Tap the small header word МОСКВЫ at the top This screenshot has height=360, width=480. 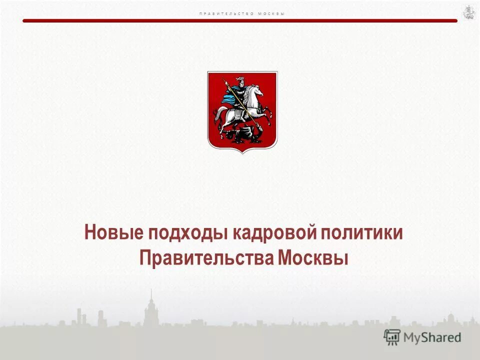pos(271,13)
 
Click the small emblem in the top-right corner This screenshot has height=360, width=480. pos(468,12)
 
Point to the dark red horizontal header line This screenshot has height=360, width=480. pos(240,20)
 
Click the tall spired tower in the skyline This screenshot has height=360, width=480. pos(150,307)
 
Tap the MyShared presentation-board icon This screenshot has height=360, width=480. pos(392,337)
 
